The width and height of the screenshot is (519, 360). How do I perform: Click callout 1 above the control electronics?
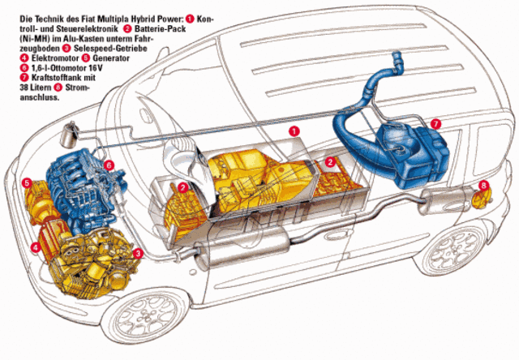tap(294, 131)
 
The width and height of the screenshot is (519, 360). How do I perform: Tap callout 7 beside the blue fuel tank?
tap(436, 124)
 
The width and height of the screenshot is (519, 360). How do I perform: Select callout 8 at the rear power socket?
tap(483, 186)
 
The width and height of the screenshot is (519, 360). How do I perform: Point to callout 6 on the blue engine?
tap(109, 165)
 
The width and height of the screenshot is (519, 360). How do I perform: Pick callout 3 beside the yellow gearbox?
tap(138, 254)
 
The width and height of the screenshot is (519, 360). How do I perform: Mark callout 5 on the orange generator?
tap(27, 183)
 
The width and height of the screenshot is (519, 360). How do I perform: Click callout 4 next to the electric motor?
tap(35, 246)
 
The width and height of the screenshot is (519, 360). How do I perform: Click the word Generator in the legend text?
tap(111, 58)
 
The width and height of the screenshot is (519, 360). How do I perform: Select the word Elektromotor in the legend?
tap(55, 58)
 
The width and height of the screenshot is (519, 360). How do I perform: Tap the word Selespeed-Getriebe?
tap(110, 49)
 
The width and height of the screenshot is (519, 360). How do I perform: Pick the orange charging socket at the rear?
tap(482, 199)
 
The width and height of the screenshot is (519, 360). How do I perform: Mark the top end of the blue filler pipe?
tap(397, 54)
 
